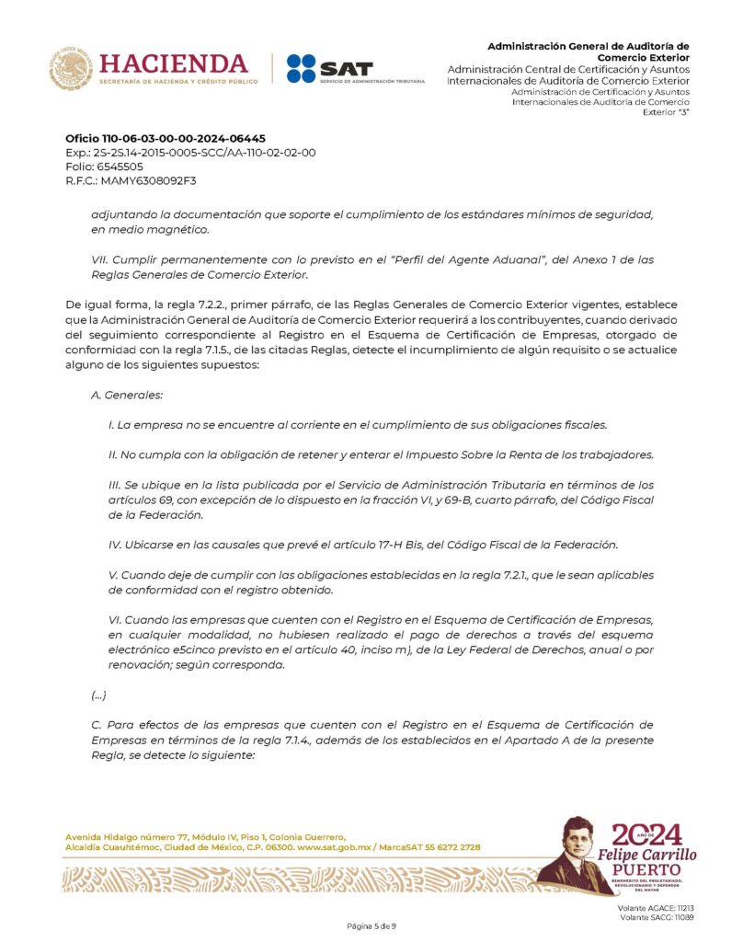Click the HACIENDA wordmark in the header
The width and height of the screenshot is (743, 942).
(x=173, y=63)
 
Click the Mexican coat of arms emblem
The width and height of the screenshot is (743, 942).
(x=71, y=69)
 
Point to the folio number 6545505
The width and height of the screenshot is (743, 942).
(x=119, y=167)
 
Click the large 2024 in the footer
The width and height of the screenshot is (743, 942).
(x=650, y=834)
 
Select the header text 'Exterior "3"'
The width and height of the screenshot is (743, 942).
(x=666, y=111)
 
